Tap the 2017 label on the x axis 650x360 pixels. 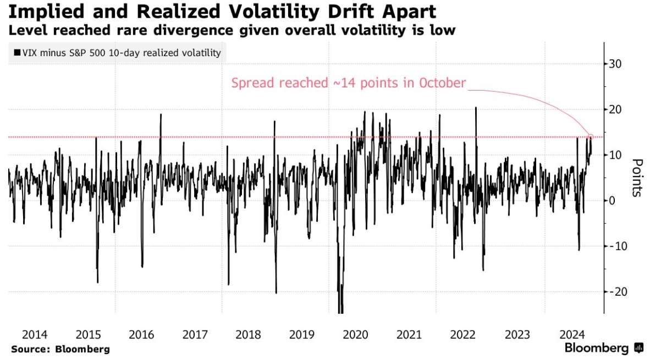tap(195, 334)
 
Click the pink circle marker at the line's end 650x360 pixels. tap(591, 137)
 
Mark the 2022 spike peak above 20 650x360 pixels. tap(476, 108)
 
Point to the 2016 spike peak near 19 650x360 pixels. tap(161, 114)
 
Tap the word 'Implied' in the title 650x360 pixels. tap(36, 12)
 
